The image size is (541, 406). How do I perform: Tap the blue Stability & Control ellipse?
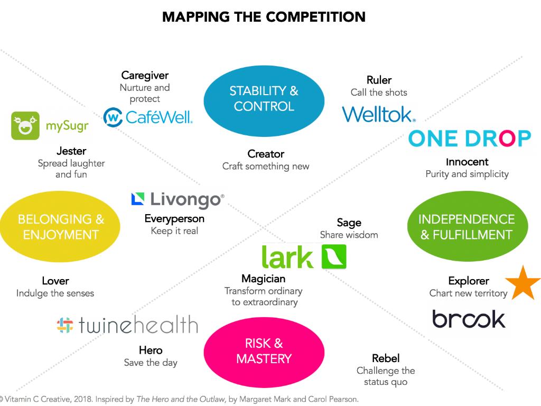click(264, 98)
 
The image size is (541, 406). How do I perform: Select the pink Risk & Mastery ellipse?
click(264, 351)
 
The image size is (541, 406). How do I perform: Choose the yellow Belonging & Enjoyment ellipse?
click(60, 227)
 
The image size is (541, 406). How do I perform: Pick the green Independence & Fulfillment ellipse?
click(467, 227)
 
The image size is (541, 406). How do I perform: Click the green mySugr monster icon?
click(25, 126)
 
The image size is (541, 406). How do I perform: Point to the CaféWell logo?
click(148, 116)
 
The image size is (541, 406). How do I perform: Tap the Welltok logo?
click(379, 114)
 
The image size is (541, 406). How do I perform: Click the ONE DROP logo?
click(470, 139)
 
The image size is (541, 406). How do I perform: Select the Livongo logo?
click(178, 199)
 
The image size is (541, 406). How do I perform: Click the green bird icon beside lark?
click(334, 257)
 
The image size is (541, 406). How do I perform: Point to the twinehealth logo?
click(127, 325)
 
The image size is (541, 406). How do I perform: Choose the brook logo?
click(468, 319)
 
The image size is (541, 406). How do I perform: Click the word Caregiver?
click(145, 76)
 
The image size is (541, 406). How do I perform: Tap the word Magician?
click(263, 279)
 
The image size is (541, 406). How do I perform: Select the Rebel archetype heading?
click(386, 359)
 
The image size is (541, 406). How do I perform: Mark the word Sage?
click(349, 223)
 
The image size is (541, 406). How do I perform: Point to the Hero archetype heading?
click(151, 350)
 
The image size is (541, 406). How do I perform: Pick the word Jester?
click(71, 151)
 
